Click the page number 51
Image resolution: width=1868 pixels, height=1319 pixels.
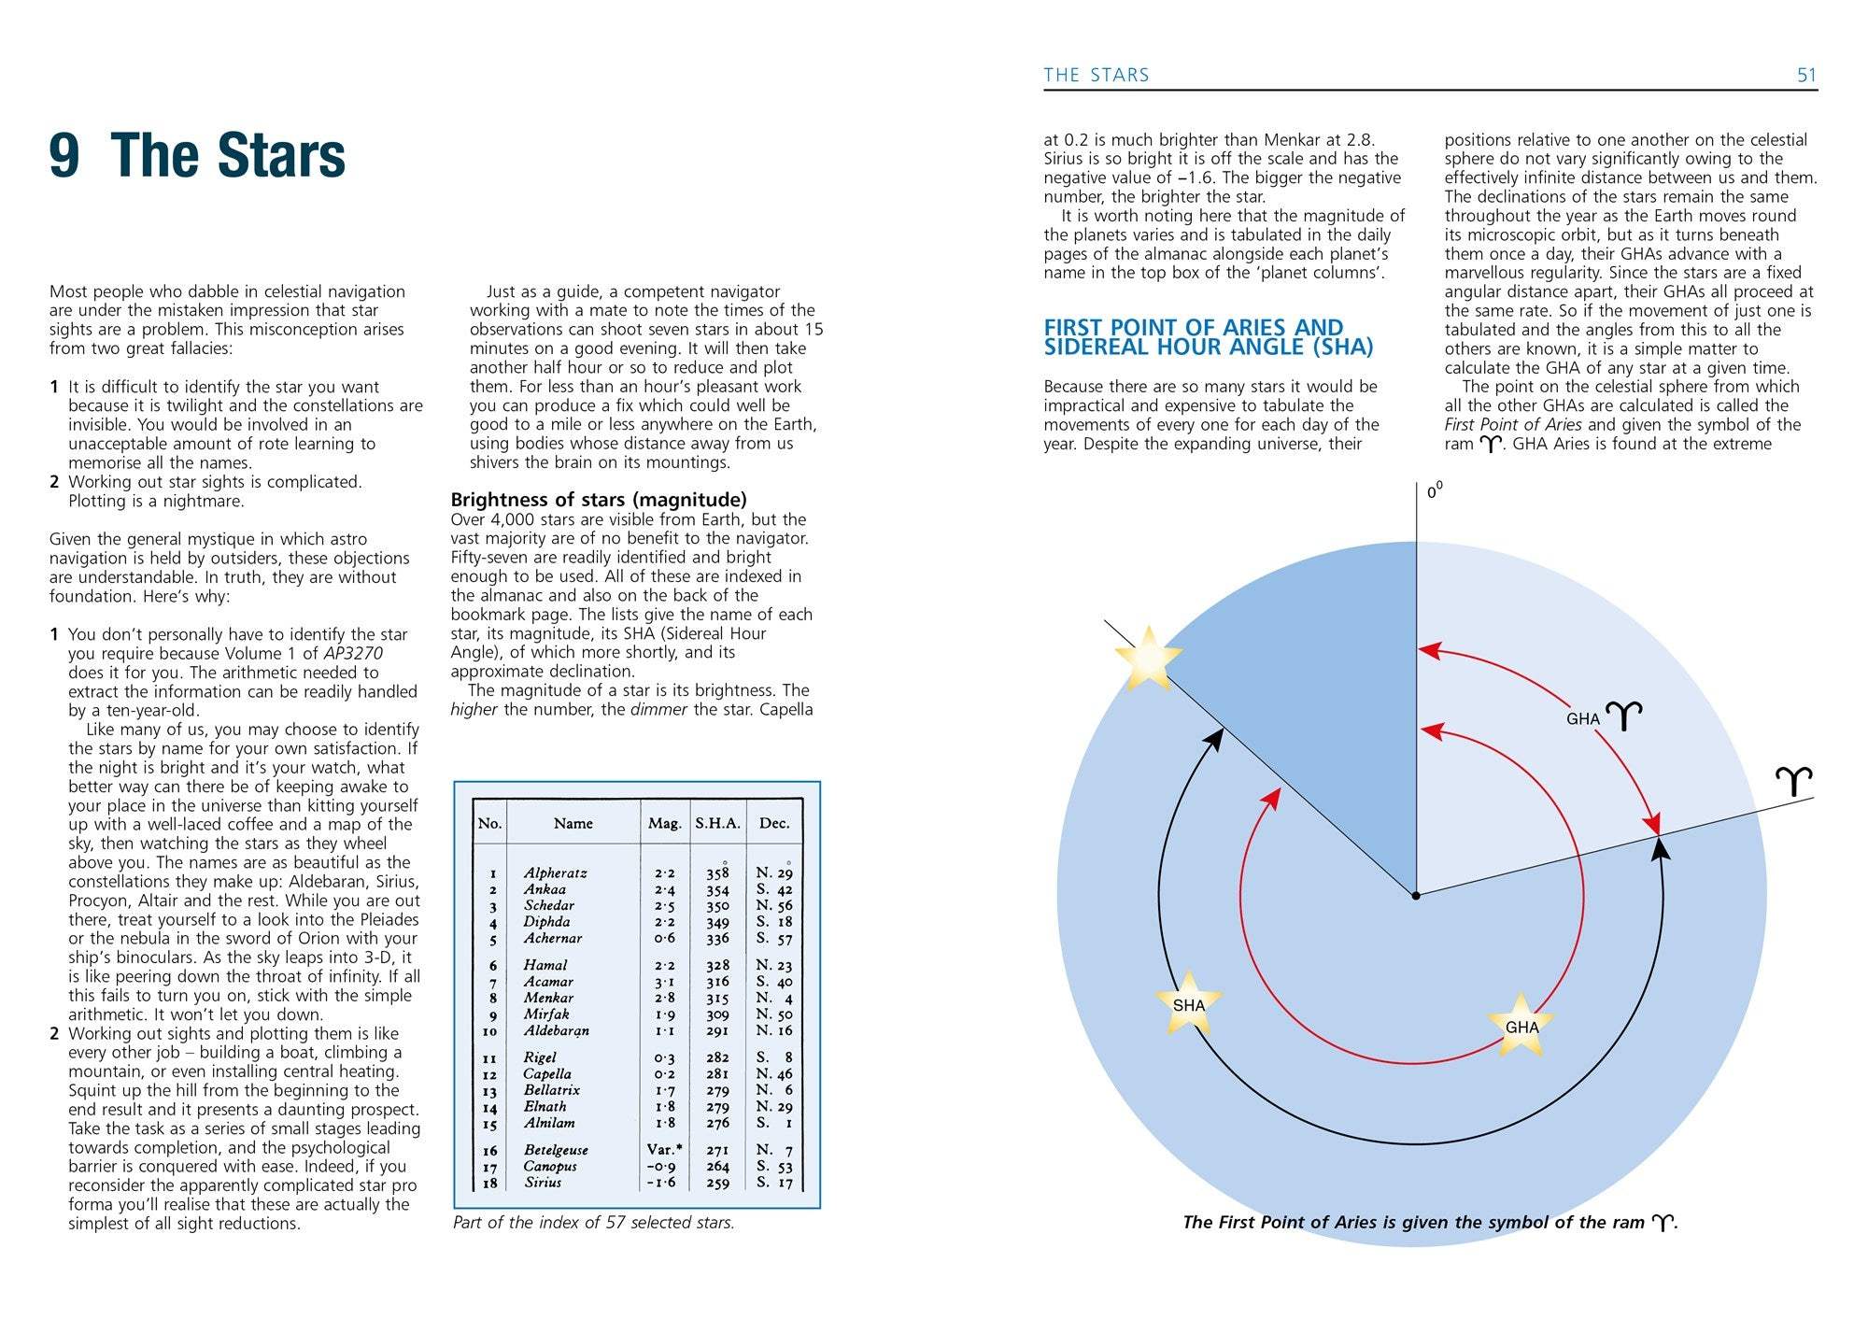click(x=1806, y=75)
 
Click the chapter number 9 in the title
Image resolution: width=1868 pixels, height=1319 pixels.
click(x=64, y=155)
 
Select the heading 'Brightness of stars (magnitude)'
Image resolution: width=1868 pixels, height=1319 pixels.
click(x=599, y=499)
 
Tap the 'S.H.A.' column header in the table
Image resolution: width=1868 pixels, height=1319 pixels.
click(x=717, y=823)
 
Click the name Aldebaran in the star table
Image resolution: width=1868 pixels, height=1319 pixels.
click(x=556, y=1030)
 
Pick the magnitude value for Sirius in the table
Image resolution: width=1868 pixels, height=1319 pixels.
click(x=661, y=1183)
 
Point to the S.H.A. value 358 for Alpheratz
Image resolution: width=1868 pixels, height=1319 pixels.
click(x=717, y=873)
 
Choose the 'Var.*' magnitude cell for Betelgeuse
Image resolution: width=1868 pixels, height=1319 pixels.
click(x=664, y=1149)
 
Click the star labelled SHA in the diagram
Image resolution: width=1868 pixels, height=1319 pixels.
click(x=1188, y=1004)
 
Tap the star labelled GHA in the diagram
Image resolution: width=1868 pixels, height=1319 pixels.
click(x=1521, y=1026)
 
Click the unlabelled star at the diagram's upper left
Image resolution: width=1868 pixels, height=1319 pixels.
click(x=1148, y=659)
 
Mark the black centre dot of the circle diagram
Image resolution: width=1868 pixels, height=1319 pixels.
click(x=1416, y=896)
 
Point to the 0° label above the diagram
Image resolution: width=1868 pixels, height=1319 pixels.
click(x=1434, y=490)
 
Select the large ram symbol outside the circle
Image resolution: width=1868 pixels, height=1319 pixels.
click(x=1794, y=780)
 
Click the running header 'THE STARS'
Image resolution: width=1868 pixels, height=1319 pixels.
click(x=1096, y=75)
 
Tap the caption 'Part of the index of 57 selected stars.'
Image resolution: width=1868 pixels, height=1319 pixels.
click(x=594, y=1222)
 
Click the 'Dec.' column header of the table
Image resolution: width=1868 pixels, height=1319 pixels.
click(x=774, y=823)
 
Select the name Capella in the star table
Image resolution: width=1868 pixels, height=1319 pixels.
click(x=547, y=1073)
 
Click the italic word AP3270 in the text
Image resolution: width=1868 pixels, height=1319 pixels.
click(x=353, y=653)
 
